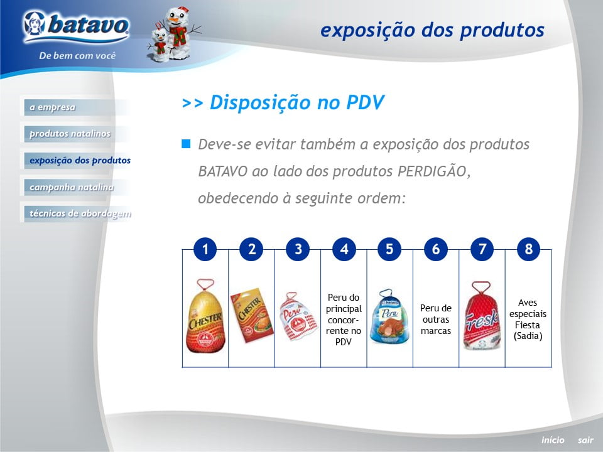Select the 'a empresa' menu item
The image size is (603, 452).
(52, 107)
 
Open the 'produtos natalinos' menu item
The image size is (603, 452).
(70, 134)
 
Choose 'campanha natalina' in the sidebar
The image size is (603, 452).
(72, 187)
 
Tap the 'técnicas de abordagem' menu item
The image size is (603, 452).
(80, 213)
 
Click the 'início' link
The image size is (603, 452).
(553, 440)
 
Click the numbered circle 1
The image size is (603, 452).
(205, 249)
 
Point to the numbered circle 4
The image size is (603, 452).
(344, 249)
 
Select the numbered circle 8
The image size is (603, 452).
(528, 249)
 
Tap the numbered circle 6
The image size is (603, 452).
(436, 249)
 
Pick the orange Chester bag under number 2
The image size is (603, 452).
(251, 315)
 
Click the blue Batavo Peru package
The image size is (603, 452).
(389, 316)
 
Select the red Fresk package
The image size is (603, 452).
(482, 316)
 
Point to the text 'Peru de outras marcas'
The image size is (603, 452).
(436, 320)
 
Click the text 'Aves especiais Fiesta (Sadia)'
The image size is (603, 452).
(528, 320)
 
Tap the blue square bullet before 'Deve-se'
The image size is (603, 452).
(186, 144)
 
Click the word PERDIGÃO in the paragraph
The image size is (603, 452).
(432, 171)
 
